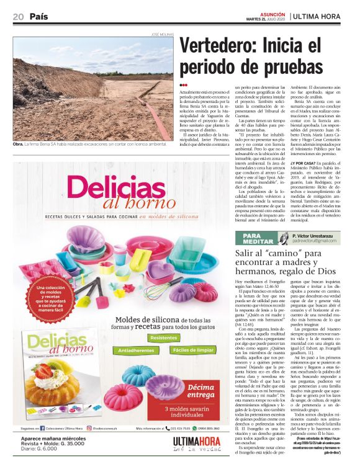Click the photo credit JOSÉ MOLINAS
(162, 33)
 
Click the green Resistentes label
(163, 337)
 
